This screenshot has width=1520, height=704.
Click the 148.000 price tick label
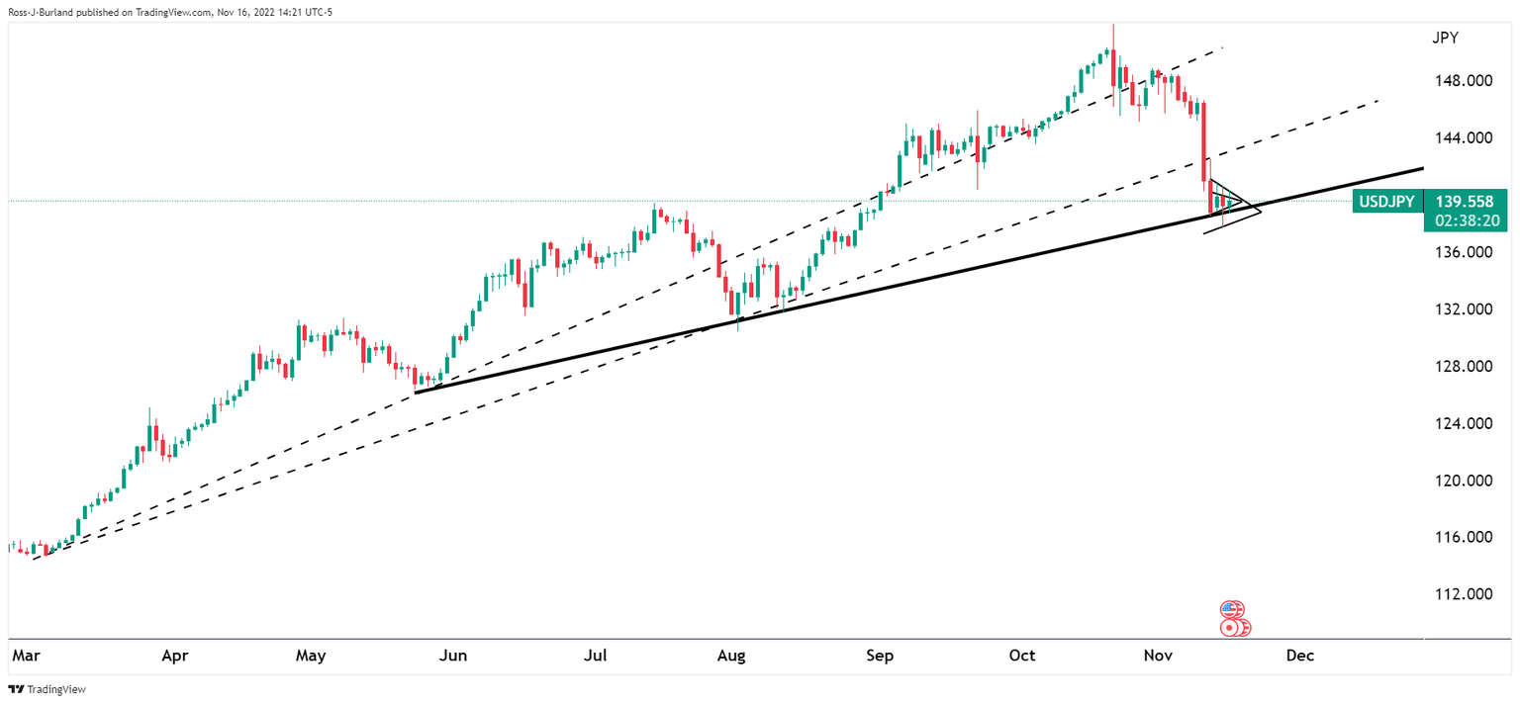click(x=1465, y=80)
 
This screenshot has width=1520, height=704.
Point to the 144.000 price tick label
click(x=1465, y=137)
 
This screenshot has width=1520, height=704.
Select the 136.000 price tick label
click(x=1465, y=252)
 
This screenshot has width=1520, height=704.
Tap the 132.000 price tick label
click(x=1465, y=308)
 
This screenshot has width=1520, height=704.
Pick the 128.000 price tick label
click(x=1465, y=366)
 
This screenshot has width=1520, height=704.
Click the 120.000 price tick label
click(x=1465, y=481)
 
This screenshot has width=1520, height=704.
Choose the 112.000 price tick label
click(x=1465, y=594)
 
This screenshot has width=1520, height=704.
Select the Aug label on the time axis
click(x=730, y=656)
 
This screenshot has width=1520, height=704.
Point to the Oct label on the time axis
click(x=1022, y=656)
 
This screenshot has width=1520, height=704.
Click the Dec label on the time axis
click(x=1299, y=656)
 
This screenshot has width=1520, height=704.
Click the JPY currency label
click(x=1445, y=39)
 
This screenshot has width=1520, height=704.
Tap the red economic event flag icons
click(x=1233, y=619)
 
